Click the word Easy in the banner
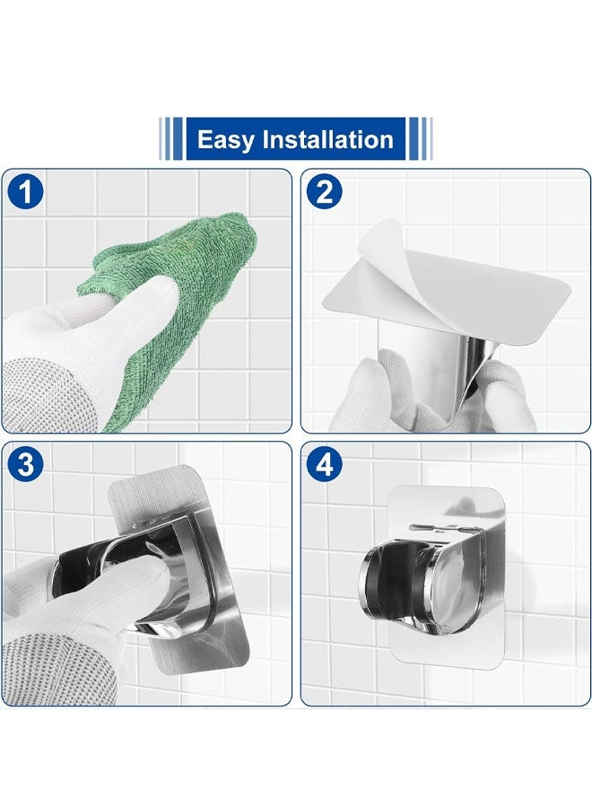pos(225,140)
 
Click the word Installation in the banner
pos(327,140)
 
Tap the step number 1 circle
pos(25,192)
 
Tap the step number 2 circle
pos(325,192)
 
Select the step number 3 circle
pos(25,464)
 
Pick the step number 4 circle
pos(325,464)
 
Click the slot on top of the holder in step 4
pos(433,529)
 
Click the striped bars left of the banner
pos(171,138)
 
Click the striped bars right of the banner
pos(420,138)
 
